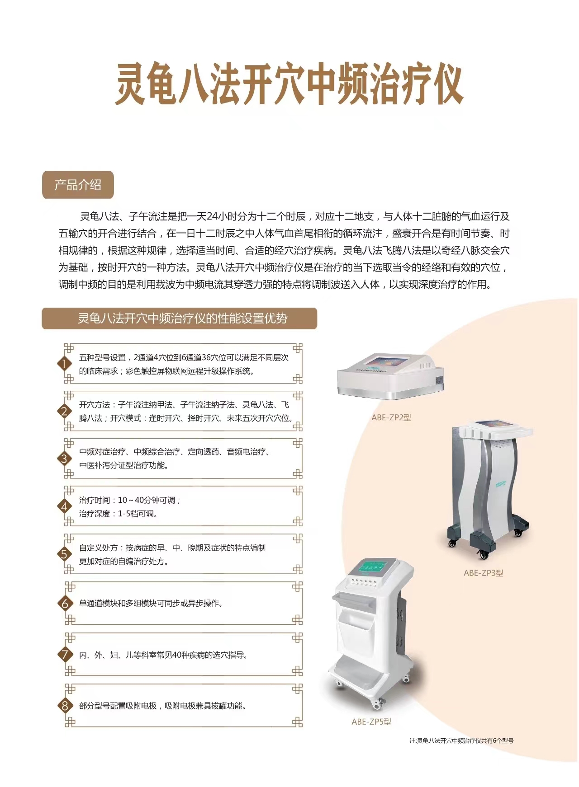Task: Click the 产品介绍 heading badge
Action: point(78,185)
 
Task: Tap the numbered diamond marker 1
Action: point(64,364)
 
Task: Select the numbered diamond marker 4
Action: point(64,506)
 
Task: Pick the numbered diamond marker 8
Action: point(65,706)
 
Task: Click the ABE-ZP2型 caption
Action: point(391,417)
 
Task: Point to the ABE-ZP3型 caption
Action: point(483,573)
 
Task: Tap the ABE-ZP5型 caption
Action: point(371,721)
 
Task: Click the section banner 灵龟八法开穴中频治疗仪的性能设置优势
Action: point(180,319)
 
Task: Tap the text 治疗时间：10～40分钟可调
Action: point(130,500)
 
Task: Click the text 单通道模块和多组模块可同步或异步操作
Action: point(151,603)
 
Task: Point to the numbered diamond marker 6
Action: point(65,604)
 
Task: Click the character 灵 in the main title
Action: point(131,84)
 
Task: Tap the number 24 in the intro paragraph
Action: point(212,216)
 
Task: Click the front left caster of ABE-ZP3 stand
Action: point(452,543)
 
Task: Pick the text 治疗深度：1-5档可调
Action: point(119,514)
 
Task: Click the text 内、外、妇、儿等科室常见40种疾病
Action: point(163,655)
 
